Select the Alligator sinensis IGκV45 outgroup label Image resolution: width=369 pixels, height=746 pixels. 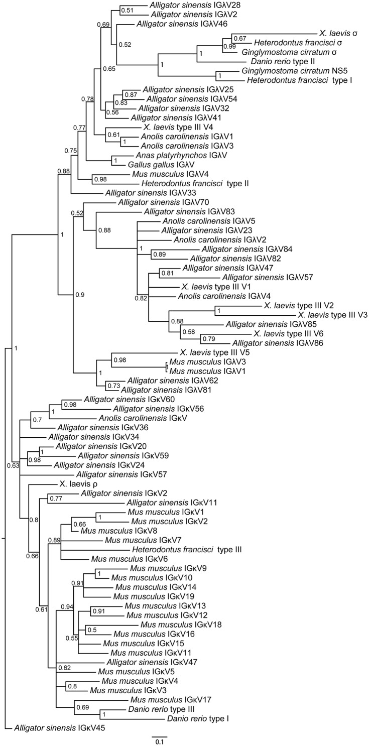pyautogui.click(x=52, y=727)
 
